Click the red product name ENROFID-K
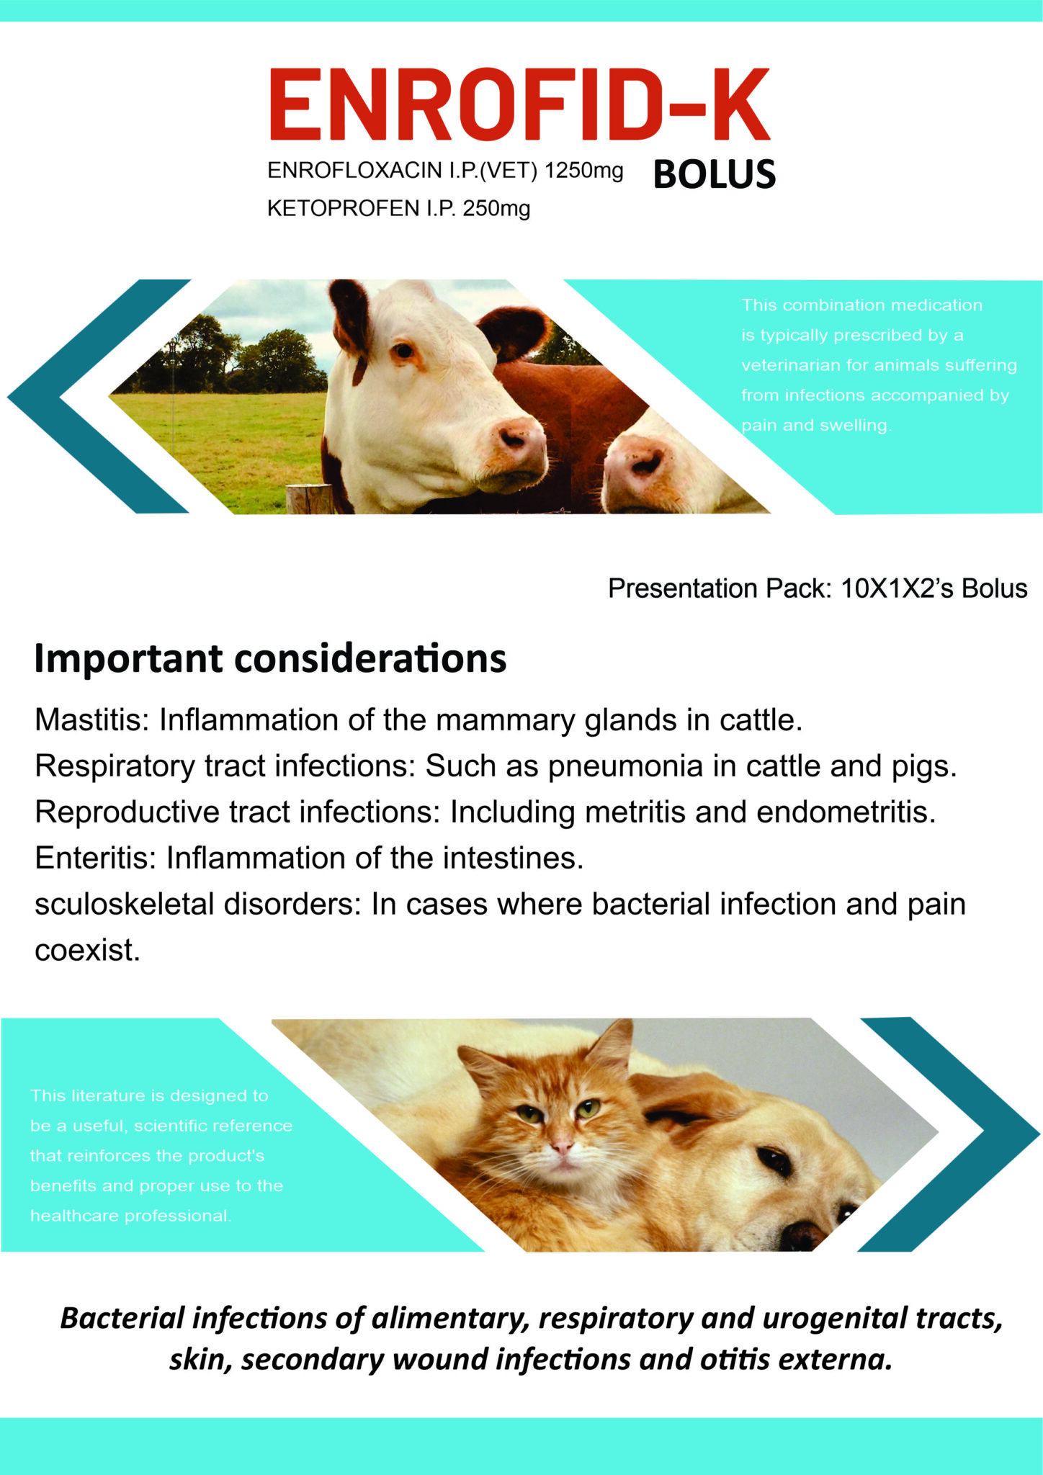[x=519, y=104]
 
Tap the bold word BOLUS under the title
[x=715, y=175]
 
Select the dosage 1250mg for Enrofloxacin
[x=584, y=171]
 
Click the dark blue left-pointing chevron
[x=99, y=396]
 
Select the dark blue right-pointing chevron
[x=949, y=1134]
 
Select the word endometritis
[x=846, y=812]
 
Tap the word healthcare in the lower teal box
[x=74, y=1216]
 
